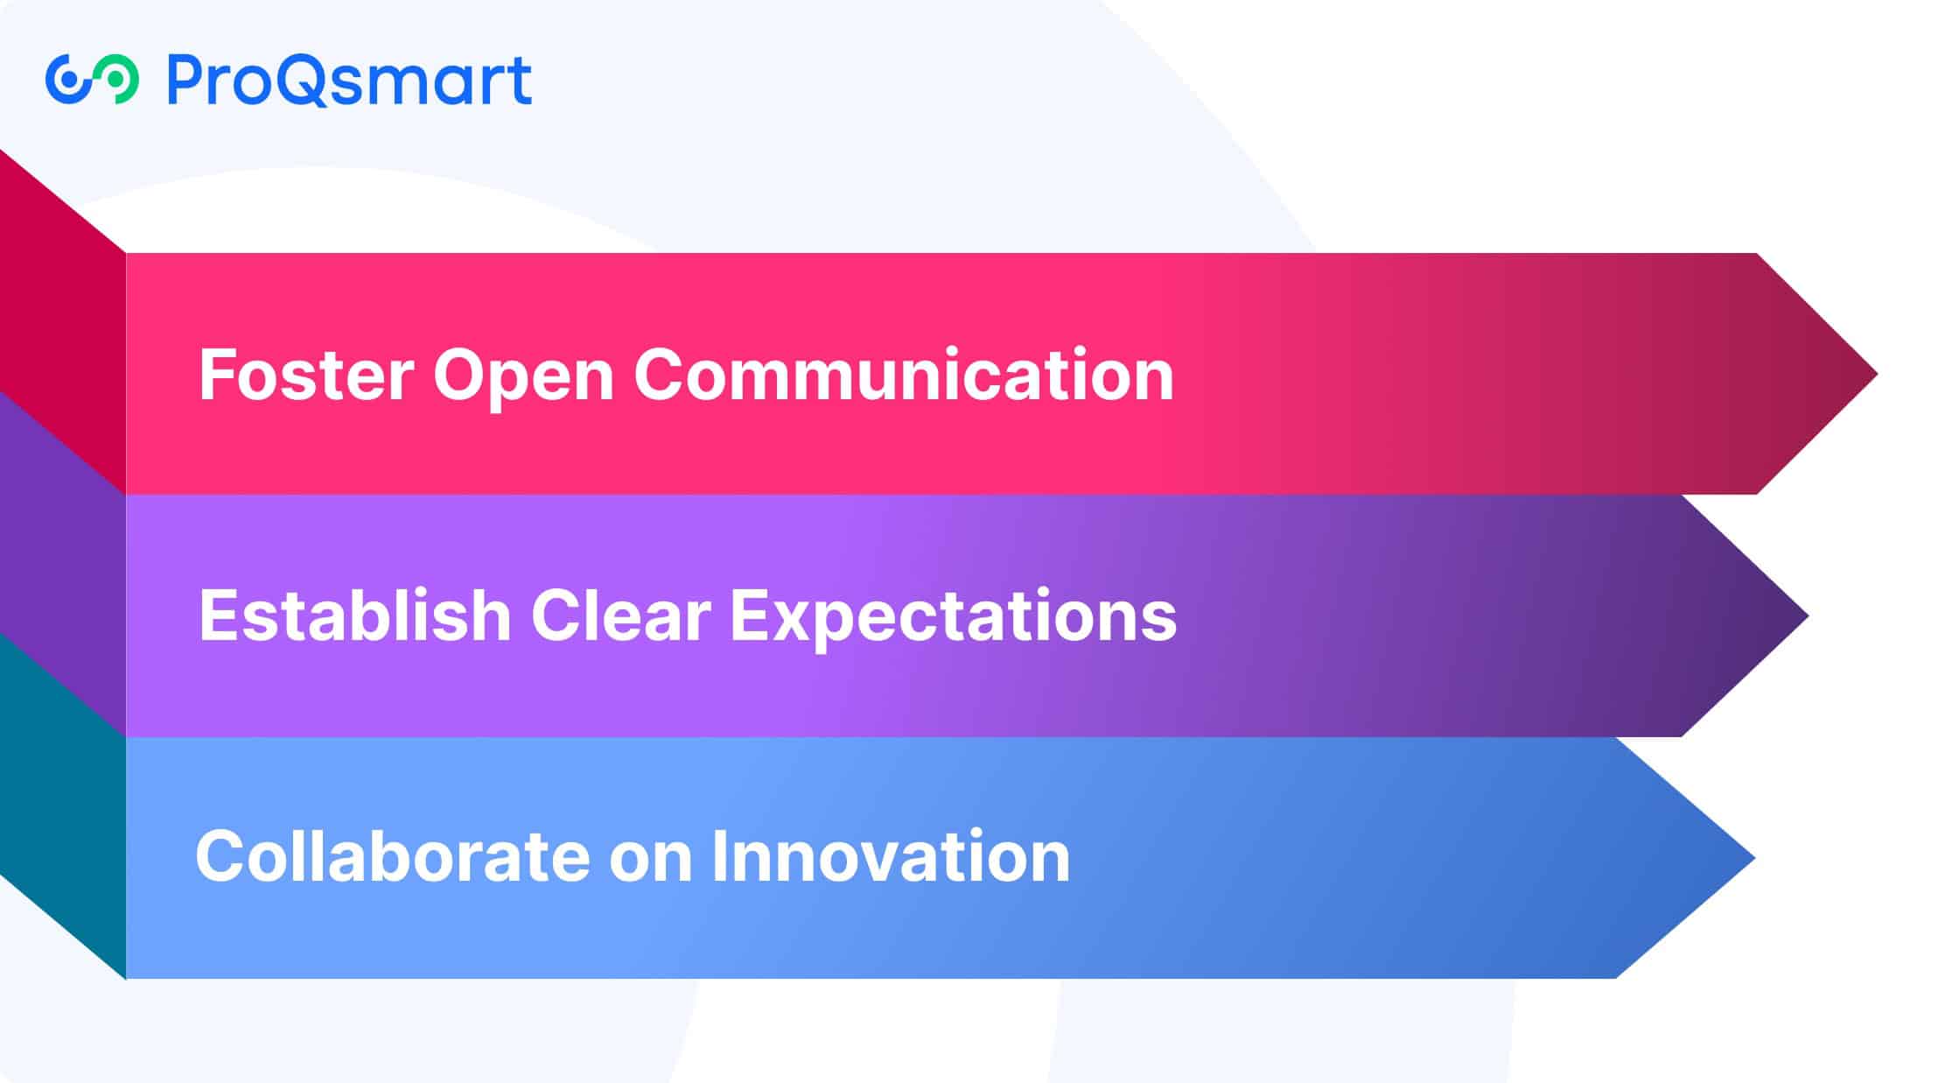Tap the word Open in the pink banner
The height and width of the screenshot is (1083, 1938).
[x=523, y=378]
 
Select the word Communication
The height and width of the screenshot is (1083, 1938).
[x=903, y=374]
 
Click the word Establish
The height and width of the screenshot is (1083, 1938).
[x=354, y=615]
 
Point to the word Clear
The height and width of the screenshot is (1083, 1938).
[x=620, y=615]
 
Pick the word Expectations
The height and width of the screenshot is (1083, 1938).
[x=954, y=618]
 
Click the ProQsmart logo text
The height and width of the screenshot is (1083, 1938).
[x=349, y=81]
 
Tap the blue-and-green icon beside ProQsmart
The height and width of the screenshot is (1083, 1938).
[x=92, y=80]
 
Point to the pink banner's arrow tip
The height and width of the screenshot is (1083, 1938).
[x=1878, y=374]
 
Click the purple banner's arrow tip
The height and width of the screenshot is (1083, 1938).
[x=1808, y=615]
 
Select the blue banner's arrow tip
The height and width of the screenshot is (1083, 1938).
[x=1755, y=858]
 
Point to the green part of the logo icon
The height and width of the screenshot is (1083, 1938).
[x=118, y=80]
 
